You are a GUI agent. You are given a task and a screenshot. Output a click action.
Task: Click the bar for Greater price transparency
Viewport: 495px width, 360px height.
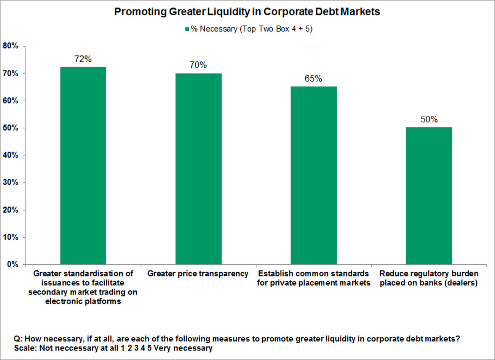tap(198, 169)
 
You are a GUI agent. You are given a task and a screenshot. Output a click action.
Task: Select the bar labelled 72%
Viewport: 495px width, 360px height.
tap(83, 166)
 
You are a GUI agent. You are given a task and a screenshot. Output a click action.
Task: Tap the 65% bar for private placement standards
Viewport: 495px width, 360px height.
tap(314, 175)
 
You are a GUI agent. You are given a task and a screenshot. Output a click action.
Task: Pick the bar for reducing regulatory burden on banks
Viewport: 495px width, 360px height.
tap(429, 196)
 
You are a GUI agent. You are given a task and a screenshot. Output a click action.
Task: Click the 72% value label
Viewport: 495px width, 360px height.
tap(83, 59)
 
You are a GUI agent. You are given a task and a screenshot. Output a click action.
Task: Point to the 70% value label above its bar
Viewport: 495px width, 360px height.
tap(198, 65)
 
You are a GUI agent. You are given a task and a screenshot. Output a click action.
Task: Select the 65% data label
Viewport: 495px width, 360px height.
tap(313, 78)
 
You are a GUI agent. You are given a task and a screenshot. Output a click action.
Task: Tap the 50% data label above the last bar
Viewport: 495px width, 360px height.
tap(429, 119)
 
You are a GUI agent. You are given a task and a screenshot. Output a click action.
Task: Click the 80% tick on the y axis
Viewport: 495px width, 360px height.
tap(11, 46)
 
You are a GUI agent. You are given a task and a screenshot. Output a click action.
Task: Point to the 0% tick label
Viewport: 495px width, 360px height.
tap(13, 264)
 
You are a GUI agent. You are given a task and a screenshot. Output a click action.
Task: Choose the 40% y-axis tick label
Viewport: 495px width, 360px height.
tap(11, 155)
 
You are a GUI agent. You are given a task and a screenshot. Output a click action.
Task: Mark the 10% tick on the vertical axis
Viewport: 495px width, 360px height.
tap(11, 237)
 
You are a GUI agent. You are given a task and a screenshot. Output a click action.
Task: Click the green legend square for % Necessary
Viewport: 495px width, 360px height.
tap(187, 29)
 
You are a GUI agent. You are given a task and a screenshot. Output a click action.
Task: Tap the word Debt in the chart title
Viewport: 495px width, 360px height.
tap(327, 12)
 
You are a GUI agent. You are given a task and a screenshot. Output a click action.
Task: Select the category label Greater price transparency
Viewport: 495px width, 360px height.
tap(198, 274)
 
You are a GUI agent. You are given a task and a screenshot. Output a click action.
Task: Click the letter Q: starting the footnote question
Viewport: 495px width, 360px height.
tap(18, 339)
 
